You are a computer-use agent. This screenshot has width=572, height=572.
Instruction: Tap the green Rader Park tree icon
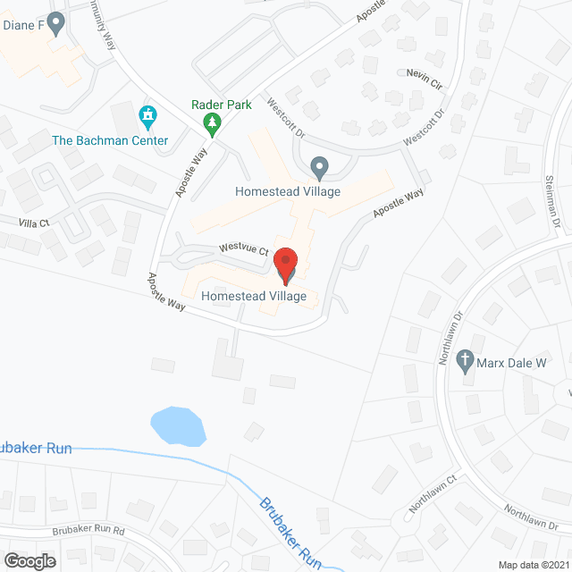pyautogui.click(x=212, y=123)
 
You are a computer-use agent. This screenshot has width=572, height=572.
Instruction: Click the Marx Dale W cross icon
pyautogui.click(x=464, y=362)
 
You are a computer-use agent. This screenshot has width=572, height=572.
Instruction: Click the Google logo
pyautogui.click(x=29, y=560)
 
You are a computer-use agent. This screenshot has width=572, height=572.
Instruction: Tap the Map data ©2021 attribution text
pyautogui.click(x=533, y=565)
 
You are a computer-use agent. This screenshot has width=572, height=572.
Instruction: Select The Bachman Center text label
pyautogui.click(x=110, y=140)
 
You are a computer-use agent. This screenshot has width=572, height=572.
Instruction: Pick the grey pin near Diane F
pyautogui.click(x=57, y=23)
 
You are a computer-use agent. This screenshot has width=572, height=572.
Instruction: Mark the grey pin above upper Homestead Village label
pyautogui.click(x=319, y=167)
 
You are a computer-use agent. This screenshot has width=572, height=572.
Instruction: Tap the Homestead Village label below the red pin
pyautogui.click(x=255, y=296)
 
